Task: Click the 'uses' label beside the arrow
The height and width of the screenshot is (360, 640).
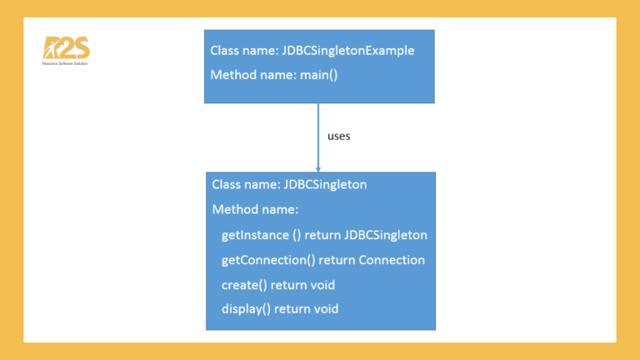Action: tap(339, 136)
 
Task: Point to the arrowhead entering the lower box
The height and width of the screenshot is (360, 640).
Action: tap(318, 168)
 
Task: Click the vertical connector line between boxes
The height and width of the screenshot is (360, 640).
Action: tap(318, 133)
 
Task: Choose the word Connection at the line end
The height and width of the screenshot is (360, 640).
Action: tap(392, 260)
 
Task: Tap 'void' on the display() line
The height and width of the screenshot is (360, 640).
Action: tap(325, 309)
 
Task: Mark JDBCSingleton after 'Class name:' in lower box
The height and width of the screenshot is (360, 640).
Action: tap(326, 184)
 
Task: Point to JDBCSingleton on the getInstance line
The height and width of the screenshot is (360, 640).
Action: tap(385, 235)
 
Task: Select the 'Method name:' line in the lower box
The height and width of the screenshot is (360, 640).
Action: tap(255, 209)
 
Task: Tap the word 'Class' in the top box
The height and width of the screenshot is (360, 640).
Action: tap(225, 51)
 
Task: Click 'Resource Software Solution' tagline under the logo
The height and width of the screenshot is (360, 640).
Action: tap(65, 63)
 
